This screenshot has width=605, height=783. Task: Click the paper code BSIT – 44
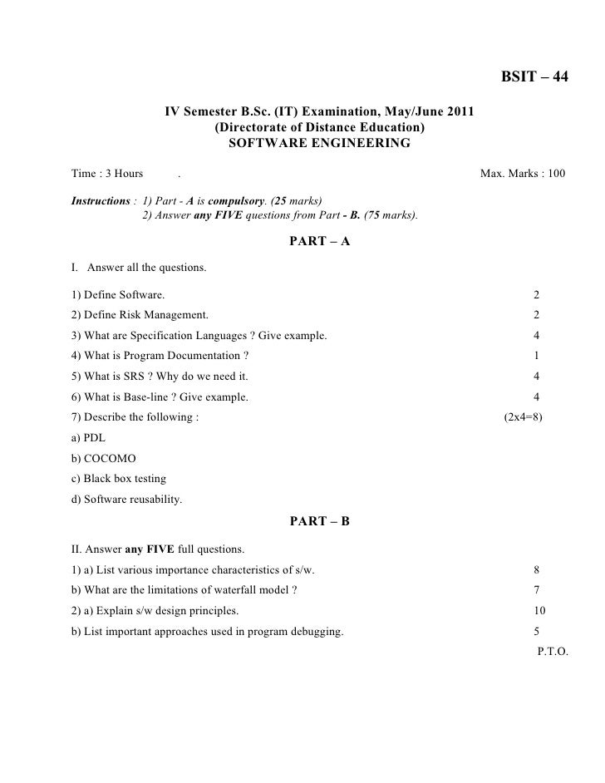[534, 77]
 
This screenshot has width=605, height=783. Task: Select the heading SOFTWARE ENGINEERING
[319, 143]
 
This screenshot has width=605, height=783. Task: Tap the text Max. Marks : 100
[523, 175]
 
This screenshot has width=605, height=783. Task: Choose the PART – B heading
[319, 521]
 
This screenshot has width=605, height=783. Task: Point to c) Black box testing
[119, 479]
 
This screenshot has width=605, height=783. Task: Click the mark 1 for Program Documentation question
[536, 356]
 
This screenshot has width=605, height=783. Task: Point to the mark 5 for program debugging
[536, 631]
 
